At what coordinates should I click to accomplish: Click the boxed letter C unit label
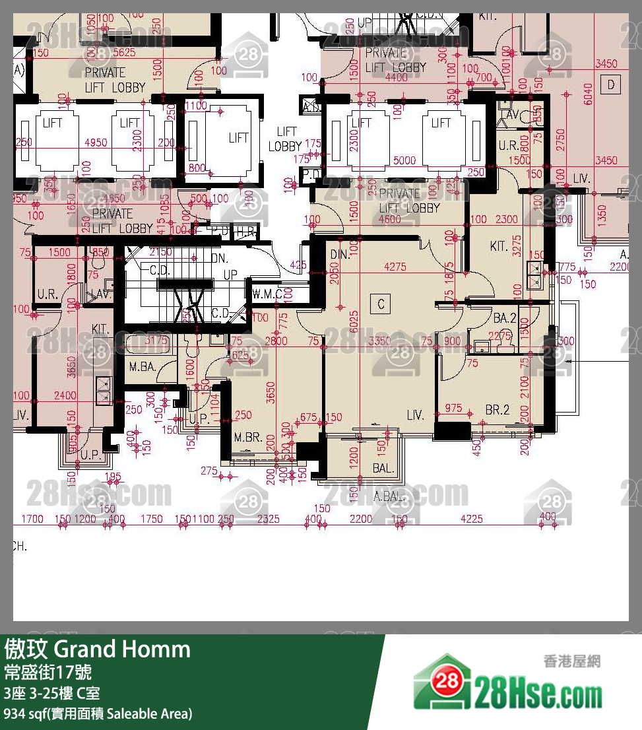(381, 304)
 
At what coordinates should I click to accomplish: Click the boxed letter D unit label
(611, 84)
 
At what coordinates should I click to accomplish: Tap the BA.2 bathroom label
(504, 318)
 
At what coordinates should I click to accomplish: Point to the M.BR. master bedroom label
(249, 438)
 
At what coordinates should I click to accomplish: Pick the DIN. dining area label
(340, 255)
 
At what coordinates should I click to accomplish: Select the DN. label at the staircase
(219, 259)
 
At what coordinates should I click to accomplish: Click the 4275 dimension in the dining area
(395, 267)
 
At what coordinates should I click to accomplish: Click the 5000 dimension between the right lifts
(404, 160)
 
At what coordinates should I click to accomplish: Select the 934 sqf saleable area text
(98, 713)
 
